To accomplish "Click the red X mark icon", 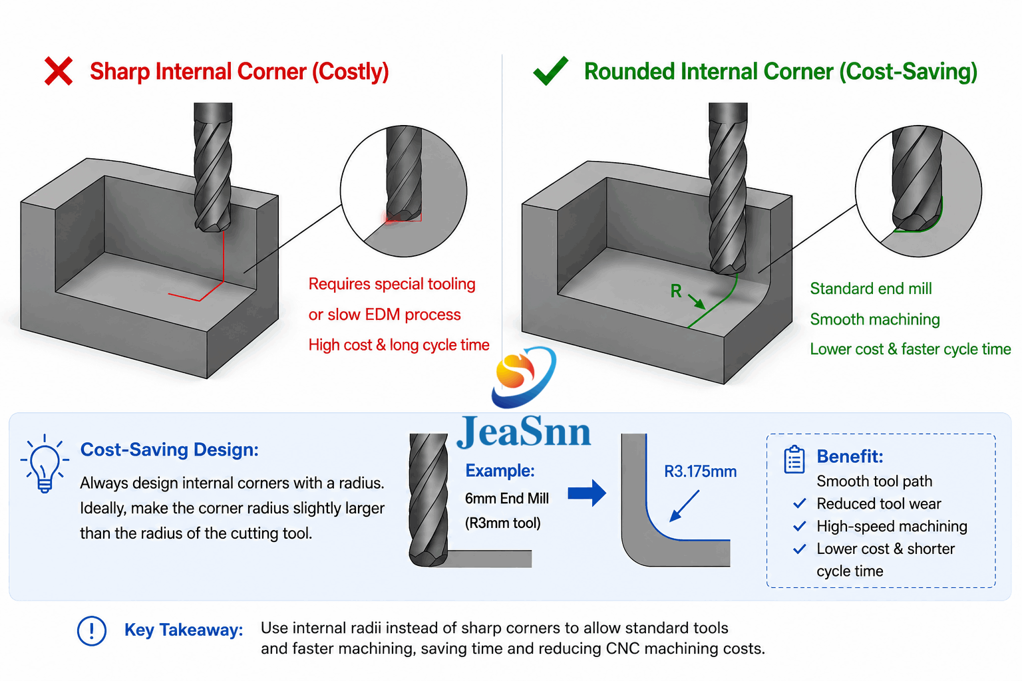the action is [x=59, y=71].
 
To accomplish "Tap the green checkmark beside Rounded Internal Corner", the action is [x=551, y=70].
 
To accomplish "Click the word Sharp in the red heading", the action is [x=120, y=72].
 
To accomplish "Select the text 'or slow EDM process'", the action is [x=385, y=315].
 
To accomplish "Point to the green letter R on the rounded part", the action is [x=676, y=291].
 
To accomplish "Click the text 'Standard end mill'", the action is [x=871, y=289].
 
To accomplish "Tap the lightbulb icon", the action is [x=45, y=464].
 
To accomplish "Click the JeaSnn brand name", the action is [x=524, y=432].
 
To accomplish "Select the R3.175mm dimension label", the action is [x=701, y=472].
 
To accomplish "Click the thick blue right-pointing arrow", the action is [x=587, y=493].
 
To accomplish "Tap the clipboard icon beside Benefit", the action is [x=794, y=460].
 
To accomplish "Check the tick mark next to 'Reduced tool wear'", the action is [x=799, y=503].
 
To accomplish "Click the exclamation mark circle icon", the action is [x=92, y=631].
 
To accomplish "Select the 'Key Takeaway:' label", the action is [x=184, y=630].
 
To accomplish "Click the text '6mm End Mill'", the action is [x=507, y=499].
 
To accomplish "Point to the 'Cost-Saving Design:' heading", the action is [x=169, y=450].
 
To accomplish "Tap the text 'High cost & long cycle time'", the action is [x=399, y=345].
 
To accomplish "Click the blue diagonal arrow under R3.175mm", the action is [x=684, y=506].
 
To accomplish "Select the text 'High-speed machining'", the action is [x=892, y=526].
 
